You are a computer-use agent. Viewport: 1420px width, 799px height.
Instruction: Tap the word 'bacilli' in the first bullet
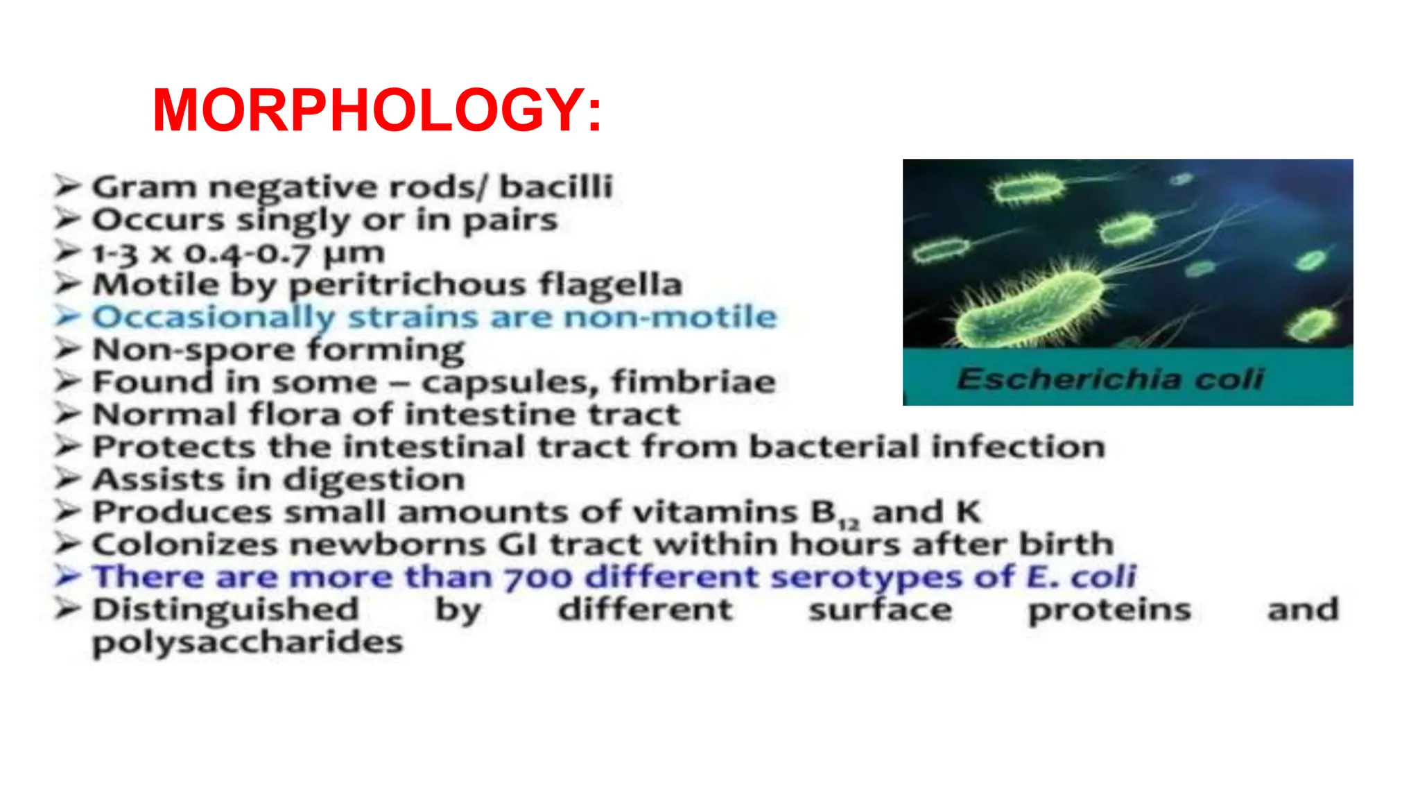coord(556,187)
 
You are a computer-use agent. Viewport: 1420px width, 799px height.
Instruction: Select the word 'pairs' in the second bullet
coord(510,220)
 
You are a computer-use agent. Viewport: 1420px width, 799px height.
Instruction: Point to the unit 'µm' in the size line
coord(354,252)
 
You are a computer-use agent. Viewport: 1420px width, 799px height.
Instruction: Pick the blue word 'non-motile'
coord(670,317)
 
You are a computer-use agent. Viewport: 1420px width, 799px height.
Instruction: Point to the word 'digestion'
coord(374,480)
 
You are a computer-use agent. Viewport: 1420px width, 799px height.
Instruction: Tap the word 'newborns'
coord(388,544)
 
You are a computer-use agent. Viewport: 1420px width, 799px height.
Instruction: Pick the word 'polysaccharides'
coord(248,642)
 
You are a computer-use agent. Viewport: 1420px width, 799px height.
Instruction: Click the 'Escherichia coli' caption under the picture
coord(1110,379)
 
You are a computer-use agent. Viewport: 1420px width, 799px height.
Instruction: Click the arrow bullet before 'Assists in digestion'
coord(69,479)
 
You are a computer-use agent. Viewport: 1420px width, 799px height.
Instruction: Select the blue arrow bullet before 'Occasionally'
coord(69,316)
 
